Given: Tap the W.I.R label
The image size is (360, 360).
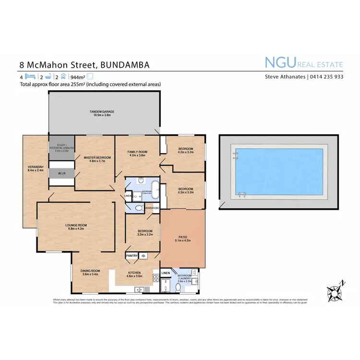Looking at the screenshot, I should [x=61, y=174].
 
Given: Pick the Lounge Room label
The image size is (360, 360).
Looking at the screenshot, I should [x=76, y=227].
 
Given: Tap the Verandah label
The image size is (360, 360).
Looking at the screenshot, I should [x=35, y=168].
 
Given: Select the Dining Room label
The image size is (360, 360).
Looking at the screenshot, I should [x=90, y=273].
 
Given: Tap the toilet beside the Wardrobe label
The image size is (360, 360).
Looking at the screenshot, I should [x=138, y=208].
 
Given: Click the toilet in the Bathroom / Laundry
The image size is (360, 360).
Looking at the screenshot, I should [x=178, y=287].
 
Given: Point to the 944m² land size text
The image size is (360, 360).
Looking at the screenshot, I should [x=77, y=77].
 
